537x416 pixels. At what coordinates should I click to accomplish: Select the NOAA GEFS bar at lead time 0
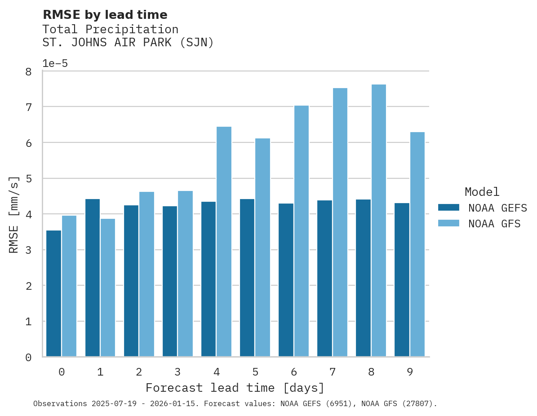53,294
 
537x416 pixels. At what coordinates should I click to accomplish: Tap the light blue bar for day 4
224,242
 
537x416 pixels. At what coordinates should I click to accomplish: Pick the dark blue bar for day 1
93,278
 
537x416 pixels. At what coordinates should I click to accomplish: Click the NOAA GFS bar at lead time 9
417,244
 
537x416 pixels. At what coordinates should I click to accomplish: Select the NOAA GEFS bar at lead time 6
286,280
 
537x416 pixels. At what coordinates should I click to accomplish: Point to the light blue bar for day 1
108,288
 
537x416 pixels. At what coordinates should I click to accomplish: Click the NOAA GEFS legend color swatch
448,208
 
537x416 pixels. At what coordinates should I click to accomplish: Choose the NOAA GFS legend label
494,224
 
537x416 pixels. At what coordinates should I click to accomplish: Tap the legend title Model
482,192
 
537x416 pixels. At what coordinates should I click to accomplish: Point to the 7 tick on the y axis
28,107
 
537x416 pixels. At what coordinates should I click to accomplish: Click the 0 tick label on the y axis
28,358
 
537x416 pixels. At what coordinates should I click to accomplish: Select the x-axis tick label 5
255,372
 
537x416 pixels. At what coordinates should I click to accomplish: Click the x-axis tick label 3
178,372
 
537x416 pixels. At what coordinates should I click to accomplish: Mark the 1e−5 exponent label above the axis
55,64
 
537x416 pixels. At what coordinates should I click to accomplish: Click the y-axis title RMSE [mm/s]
14,214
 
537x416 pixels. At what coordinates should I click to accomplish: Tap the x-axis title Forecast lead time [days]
235,388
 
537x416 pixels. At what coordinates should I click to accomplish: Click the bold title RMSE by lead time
105,15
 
